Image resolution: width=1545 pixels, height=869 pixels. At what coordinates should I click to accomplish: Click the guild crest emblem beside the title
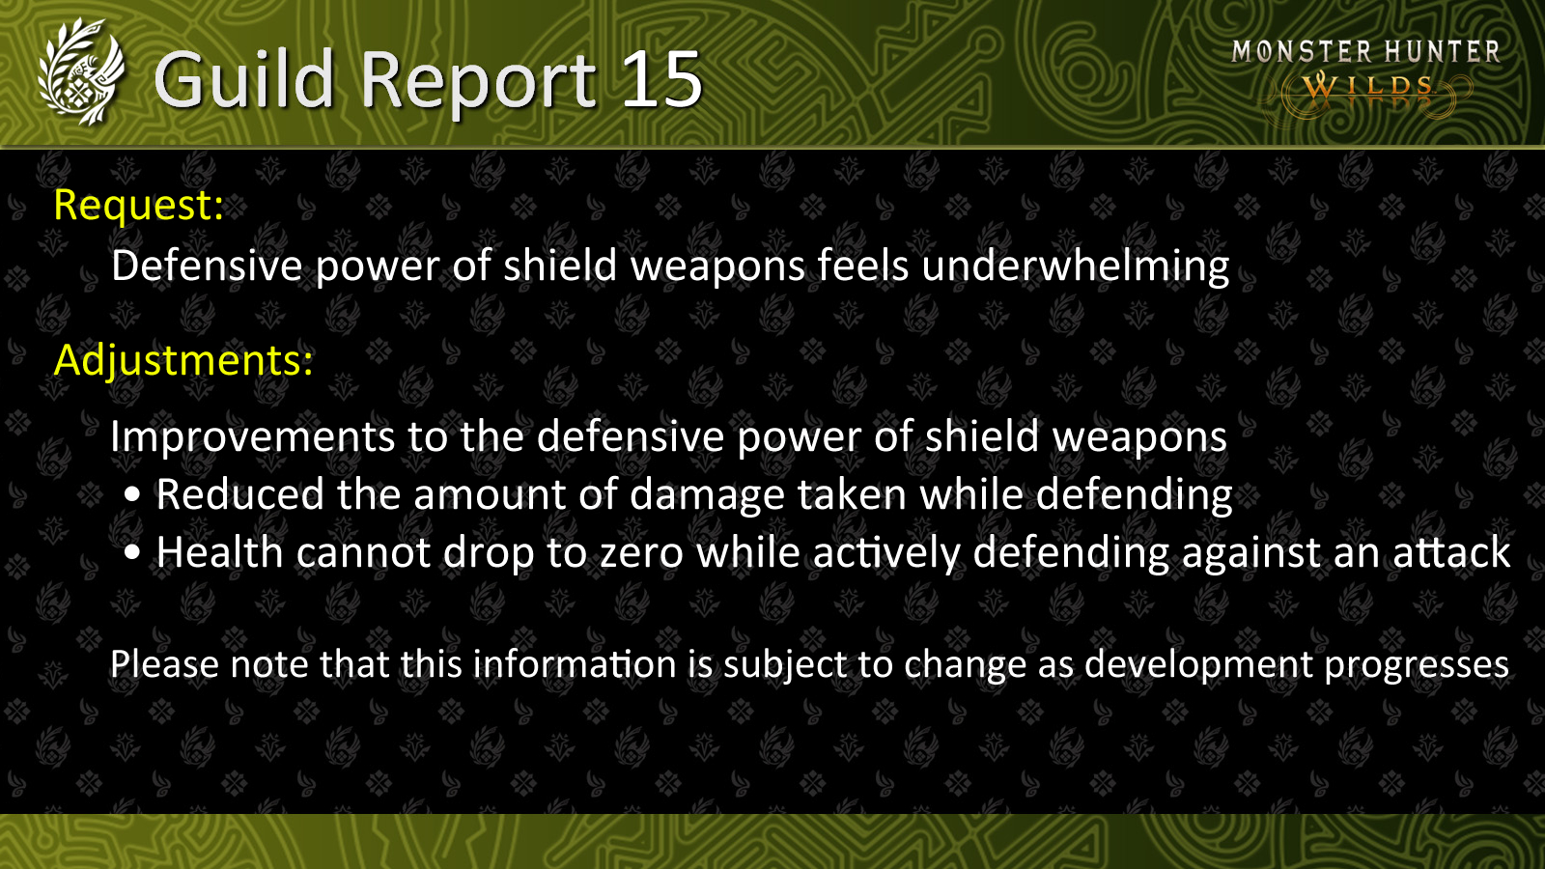click(81, 72)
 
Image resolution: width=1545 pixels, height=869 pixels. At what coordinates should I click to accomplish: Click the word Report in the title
click(478, 83)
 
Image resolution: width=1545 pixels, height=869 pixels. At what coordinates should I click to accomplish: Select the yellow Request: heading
click(139, 205)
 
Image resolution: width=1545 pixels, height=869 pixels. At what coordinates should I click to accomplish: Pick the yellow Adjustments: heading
click(183, 360)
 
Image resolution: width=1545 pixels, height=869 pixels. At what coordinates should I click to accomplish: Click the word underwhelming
click(1076, 266)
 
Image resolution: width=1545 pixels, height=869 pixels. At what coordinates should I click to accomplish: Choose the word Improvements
click(252, 437)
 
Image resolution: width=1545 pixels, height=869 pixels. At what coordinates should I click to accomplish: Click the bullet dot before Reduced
click(132, 494)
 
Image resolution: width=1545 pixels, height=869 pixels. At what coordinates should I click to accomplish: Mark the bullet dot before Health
click(132, 552)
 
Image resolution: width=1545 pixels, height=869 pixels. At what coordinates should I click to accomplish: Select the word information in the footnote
click(574, 664)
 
